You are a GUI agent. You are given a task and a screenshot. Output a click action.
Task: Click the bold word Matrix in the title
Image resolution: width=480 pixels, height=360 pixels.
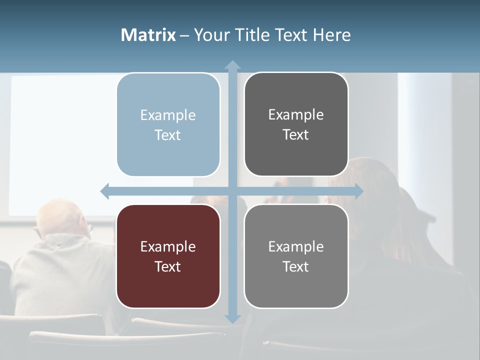pos(148,35)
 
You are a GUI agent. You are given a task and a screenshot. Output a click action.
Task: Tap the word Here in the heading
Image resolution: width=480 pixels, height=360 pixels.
pos(332,35)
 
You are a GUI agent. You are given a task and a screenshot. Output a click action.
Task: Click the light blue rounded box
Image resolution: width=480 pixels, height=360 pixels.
pos(168,124)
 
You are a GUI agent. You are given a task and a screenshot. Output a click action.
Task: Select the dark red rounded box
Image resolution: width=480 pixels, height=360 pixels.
pos(168,256)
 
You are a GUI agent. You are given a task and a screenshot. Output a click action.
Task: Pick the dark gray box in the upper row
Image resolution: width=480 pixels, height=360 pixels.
pos(296,124)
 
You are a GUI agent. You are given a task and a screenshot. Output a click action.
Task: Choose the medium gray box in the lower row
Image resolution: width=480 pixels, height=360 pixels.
pos(296,256)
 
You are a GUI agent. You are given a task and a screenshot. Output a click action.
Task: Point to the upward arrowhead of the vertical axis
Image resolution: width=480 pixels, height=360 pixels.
pos(232,65)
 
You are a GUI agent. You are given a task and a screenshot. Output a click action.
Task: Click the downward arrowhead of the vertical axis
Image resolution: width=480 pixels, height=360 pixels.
pos(232,318)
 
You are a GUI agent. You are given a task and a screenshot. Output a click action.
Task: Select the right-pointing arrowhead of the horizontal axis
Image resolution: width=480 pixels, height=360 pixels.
pos(358,191)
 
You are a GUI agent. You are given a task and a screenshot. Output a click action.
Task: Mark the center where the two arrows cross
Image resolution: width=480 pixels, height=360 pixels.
pos(232,191)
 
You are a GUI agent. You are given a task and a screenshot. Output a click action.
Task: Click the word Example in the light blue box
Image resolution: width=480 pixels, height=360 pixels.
pos(168,115)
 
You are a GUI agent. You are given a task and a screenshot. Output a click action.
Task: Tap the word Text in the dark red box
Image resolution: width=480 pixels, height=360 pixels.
pos(168,266)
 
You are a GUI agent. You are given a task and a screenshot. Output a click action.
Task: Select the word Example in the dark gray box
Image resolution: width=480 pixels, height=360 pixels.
pos(296,115)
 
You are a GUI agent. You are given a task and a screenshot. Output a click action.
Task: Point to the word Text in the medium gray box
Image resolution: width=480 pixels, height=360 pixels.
pos(296,266)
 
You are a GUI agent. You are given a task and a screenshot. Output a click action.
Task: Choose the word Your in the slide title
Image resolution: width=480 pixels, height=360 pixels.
pos(210,35)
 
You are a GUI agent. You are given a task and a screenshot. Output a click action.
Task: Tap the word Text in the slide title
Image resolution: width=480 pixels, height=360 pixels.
pos(292,35)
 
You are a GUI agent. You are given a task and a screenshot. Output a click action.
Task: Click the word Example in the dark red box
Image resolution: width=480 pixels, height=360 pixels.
pos(168,246)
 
